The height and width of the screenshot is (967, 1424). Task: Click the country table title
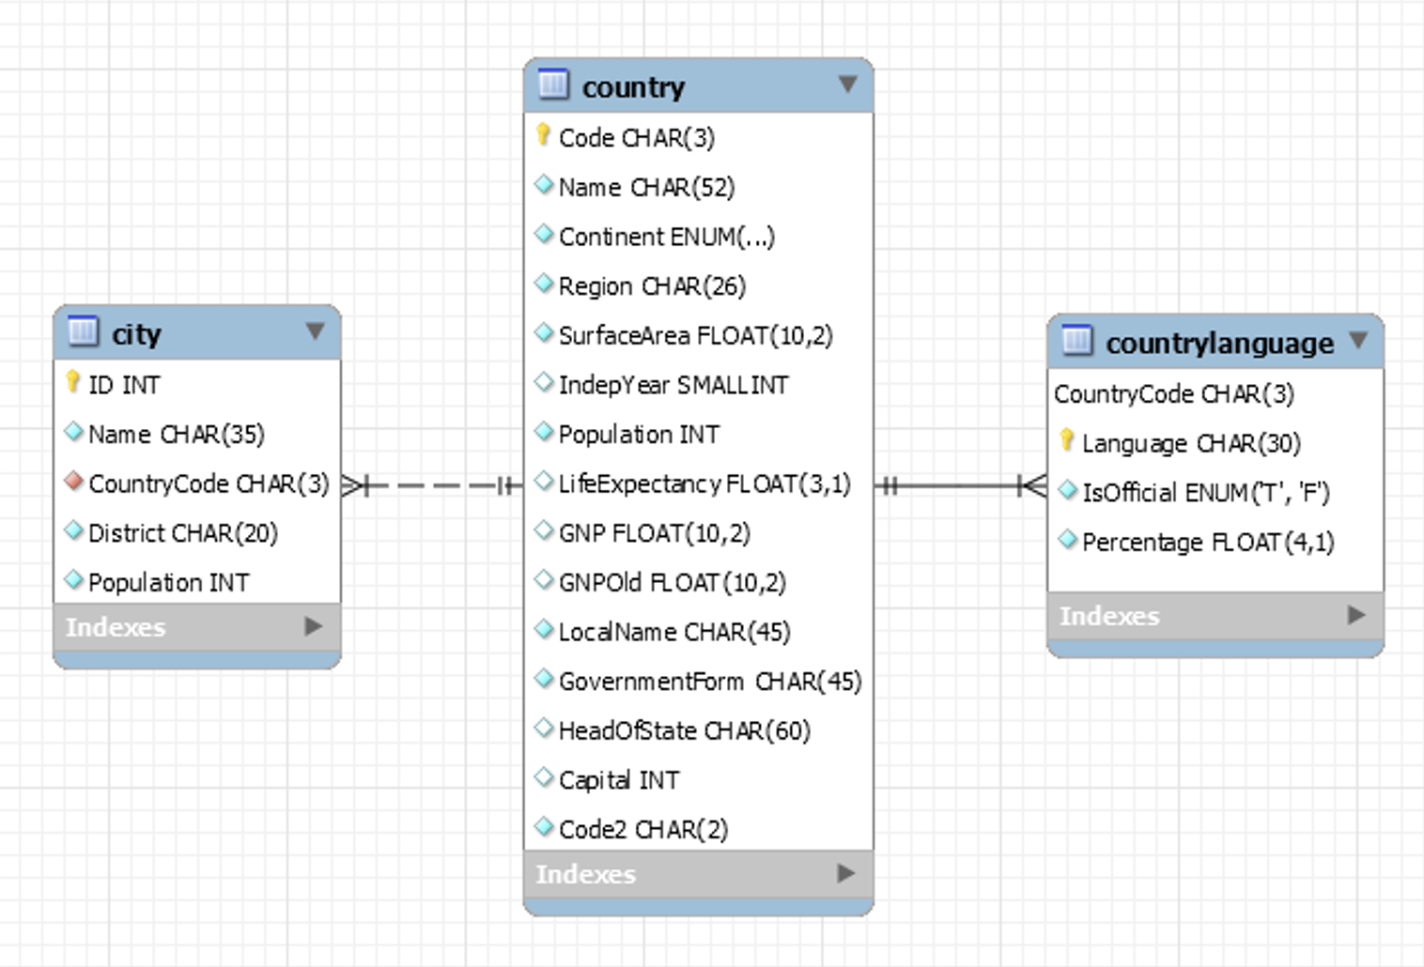click(x=633, y=87)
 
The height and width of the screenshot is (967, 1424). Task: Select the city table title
click(x=136, y=334)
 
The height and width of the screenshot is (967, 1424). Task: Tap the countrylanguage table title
click(x=1218, y=344)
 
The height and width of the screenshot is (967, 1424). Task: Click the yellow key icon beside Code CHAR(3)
click(x=543, y=135)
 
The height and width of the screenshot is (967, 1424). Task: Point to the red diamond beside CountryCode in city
click(x=74, y=482)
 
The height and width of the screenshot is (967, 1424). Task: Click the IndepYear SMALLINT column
click(x=673, y=385)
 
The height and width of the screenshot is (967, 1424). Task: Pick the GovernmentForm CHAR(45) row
click(x=709, y=681)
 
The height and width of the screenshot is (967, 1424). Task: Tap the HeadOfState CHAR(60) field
click(x=684, y=730)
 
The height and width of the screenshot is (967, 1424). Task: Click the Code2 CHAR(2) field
click(x=642, y=829)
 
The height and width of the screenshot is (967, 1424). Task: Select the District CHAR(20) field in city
click(x=182, y=533)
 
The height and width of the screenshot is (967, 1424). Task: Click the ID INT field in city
click(x=124, y=385)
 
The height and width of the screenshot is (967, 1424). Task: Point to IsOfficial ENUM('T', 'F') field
click(x=1205, y=493)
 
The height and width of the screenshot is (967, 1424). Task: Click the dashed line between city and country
click(x=432, y=485)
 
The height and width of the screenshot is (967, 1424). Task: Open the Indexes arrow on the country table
click(x=845, y=873)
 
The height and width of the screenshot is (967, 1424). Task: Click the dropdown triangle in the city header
click(x=316, y=331)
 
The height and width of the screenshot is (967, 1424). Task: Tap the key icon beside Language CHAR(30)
click(x=1067, y=440)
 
